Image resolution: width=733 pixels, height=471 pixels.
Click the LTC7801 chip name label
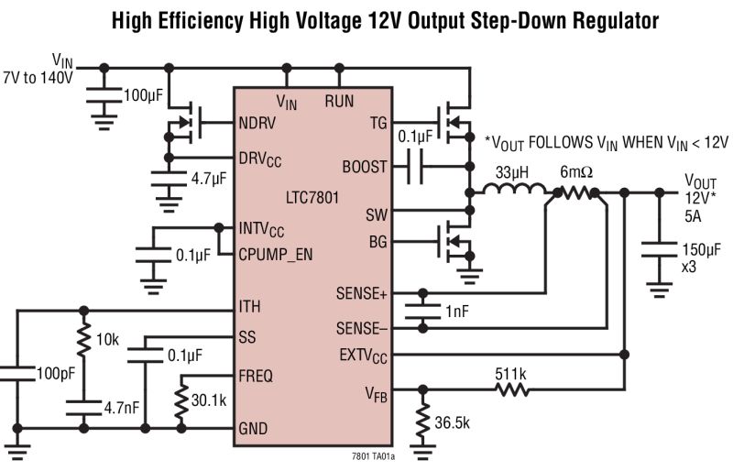[x=312, y=195]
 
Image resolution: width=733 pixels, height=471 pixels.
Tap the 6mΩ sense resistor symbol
[x=577, y=192]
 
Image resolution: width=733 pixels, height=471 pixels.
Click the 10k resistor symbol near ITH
[x=83, y=338]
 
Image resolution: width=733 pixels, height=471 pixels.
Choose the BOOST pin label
[x=364, y=168]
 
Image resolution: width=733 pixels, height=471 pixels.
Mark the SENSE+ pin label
[x=361, y=294]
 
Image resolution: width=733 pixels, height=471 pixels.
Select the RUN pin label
[x=339, y=102]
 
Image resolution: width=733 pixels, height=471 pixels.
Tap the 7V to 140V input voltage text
[x=38, y=79]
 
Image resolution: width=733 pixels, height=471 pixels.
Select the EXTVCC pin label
[x=363, y=354]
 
